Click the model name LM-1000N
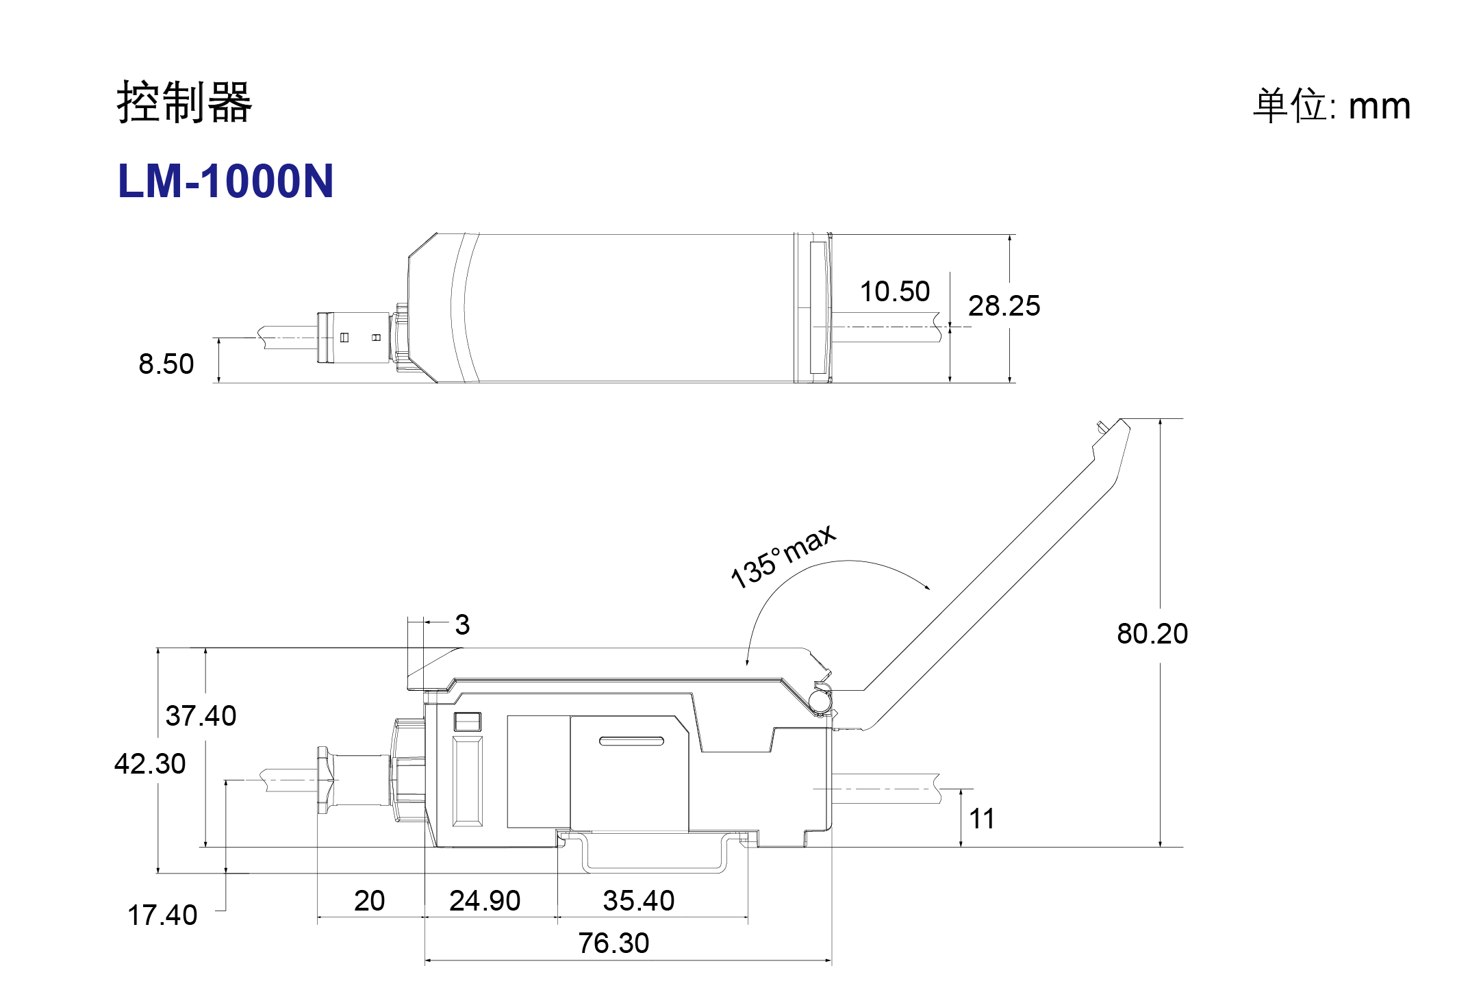226,181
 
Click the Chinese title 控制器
185,103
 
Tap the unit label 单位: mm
1332,106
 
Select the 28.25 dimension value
1004,306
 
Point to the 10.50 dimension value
895,292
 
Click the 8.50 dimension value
166,364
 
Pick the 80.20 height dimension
1152,634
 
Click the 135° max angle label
783,556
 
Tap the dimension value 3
462,624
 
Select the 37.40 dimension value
201,716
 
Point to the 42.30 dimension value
150,764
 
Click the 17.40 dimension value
162,915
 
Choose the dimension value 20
369,901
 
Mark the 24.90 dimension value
485,901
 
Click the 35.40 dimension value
639,901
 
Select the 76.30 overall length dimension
613,943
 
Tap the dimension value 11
982,819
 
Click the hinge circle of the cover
819,701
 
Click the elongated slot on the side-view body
631,741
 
